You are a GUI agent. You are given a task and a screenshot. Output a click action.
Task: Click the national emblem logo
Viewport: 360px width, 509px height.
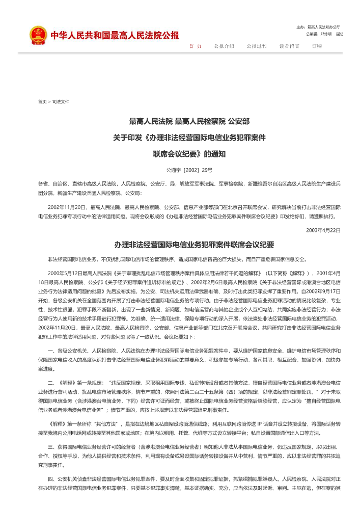point(37,35)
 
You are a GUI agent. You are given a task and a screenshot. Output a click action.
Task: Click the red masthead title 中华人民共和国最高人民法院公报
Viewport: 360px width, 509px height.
point(115,36)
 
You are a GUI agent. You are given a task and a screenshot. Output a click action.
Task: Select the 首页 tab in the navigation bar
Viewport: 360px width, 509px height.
point(196,46)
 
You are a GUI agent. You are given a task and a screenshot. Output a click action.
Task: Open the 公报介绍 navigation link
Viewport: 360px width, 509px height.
point(224,46)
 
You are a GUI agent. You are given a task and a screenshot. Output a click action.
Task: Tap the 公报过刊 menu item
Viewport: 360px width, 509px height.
point(257,46)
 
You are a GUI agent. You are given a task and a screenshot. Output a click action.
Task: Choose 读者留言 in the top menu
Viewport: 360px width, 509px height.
point(289,46)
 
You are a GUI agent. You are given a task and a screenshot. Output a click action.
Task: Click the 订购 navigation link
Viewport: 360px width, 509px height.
point(317,46)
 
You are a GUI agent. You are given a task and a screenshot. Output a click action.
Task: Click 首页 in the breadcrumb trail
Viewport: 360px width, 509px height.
point(42,101)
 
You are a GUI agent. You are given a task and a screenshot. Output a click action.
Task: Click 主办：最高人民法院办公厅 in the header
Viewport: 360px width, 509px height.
point(318,26)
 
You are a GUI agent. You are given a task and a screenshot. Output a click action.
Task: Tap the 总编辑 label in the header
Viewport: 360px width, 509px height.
point(313,34)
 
